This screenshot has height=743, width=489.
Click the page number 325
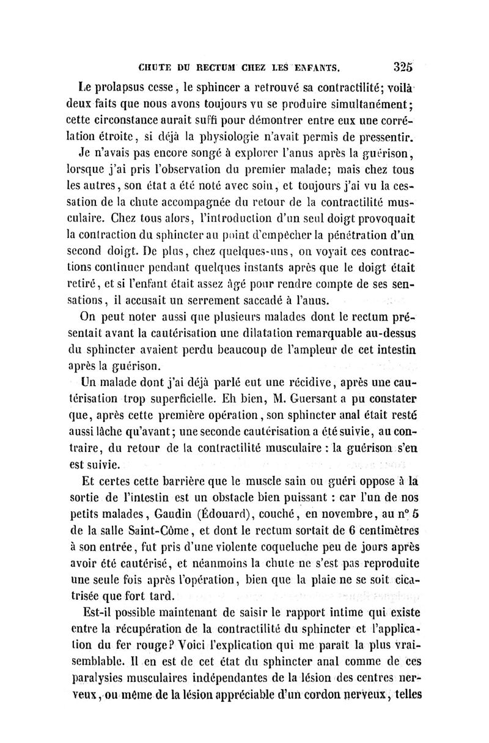pyautogui.click(x=405, y=65)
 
